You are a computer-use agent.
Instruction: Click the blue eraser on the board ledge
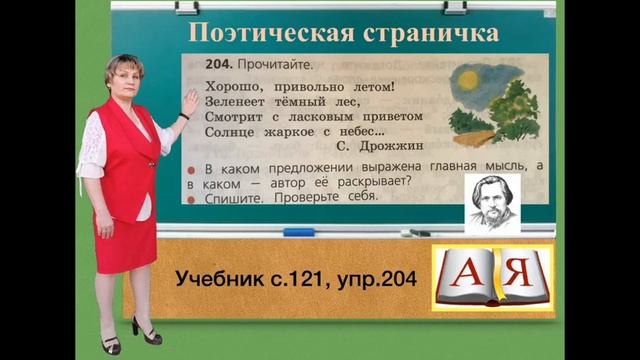298,233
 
